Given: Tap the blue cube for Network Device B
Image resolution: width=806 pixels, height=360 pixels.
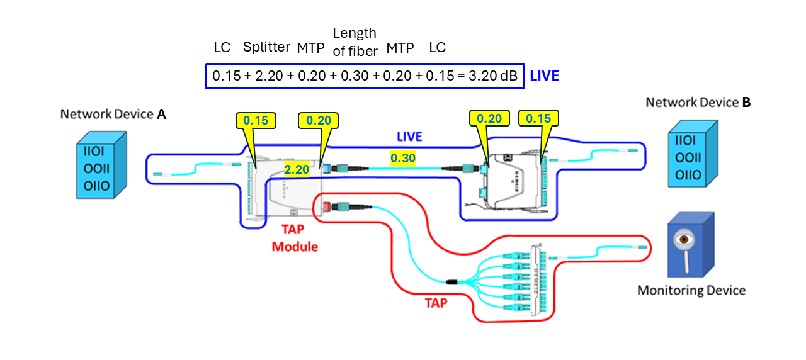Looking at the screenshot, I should point(691,157).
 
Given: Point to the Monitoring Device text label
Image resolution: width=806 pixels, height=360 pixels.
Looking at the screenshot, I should point(691,290).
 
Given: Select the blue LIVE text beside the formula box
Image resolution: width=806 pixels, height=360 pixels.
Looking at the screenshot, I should point(544,76).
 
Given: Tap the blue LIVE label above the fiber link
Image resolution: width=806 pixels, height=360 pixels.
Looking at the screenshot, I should point(409,137).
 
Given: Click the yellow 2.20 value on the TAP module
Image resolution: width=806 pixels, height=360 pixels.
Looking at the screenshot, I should point(296,169).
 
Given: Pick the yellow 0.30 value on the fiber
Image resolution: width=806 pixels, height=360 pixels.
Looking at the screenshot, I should point(402,159).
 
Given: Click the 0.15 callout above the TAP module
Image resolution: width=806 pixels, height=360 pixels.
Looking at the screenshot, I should point(256,120).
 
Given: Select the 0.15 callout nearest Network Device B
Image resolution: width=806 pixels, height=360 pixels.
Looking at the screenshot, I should point(538,118).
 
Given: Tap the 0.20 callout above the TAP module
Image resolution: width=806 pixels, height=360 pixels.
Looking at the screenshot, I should point(319,120).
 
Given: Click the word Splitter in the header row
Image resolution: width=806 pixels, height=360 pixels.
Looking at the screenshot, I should point(266,47).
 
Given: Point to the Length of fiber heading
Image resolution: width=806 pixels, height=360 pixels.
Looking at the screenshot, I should point(355,42).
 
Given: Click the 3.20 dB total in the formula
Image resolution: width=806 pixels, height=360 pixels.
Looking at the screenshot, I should point(496,76).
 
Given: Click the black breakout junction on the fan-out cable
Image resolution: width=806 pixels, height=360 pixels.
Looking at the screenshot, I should point(451,283).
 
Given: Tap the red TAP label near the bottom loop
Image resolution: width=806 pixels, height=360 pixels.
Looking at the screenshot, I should point(436,303).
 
